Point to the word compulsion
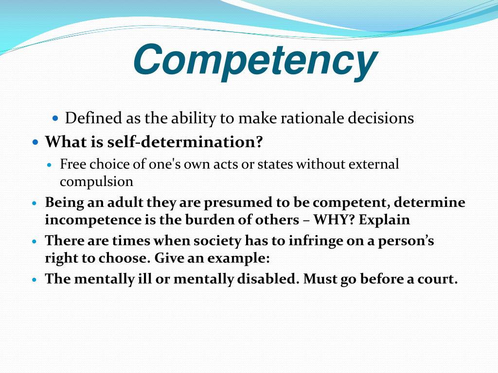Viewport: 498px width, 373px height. pos(96,182)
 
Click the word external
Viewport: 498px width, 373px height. pos(372,164)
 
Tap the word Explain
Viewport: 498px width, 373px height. pos(385,220)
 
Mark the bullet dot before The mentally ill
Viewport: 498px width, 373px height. pos(34,280)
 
